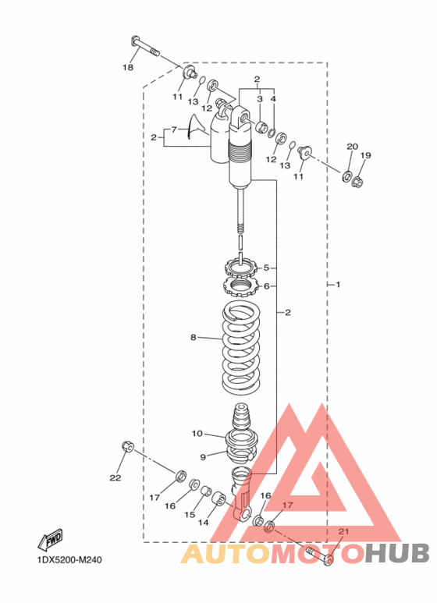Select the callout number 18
(128, 68)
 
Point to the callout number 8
(193, 337)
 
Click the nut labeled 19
(357, 180)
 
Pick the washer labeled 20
(346, 176)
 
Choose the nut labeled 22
(128, 446)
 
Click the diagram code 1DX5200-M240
(69, 560)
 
